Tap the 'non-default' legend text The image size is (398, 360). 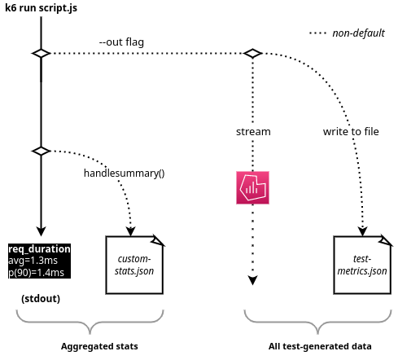pos(358,33)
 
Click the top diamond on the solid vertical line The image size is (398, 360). pos(41,53)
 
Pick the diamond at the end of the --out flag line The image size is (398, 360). pos(253,53)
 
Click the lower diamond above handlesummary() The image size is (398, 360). pos(41,151)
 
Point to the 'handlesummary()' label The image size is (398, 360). pos(124,173)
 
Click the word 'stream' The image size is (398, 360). pos(253,130)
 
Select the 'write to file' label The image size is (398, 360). pos(351,130)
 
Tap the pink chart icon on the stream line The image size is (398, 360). pos(252,187)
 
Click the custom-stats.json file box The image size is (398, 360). pos(135,263)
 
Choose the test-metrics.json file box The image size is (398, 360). pos(362,263)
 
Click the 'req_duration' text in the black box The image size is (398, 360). pos(39,248)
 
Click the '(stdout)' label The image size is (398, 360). pos(41,299)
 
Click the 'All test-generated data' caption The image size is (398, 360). pos(320,346)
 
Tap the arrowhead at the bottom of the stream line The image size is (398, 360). pos(252,280)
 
